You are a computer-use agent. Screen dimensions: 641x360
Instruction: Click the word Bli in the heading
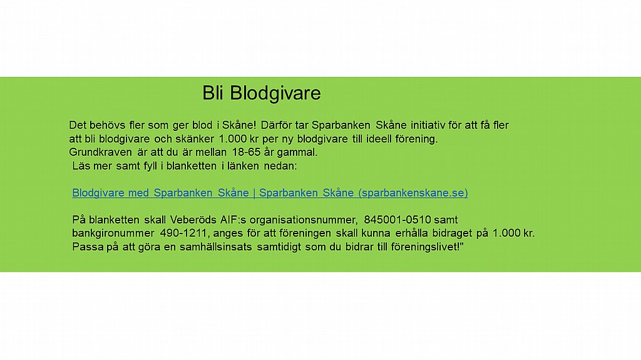[x=213, y=93]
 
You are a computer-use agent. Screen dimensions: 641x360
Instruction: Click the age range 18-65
[x=246, y=152]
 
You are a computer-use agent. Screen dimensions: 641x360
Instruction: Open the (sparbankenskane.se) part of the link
[x=413, y=193]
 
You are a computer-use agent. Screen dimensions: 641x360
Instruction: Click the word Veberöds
[x=193, y=220]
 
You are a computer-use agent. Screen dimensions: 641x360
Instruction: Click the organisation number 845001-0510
[x=397, y=220]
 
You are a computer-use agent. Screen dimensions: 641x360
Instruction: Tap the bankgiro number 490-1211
[x=185, y=233]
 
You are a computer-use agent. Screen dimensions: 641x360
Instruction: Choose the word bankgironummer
[x=113, y=234]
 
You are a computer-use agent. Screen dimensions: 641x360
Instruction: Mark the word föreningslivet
[x=425, y=247]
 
